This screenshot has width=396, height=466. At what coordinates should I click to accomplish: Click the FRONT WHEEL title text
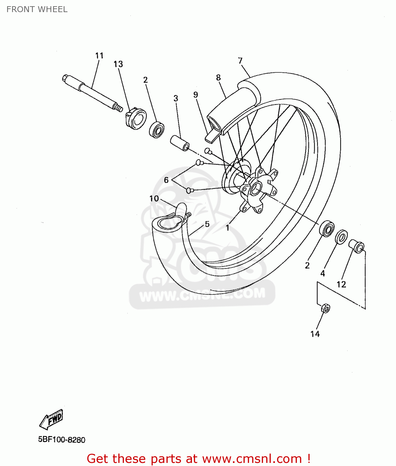click(x=37, y=9)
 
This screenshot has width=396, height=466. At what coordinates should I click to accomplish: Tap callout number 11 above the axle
click(x=99, y=56)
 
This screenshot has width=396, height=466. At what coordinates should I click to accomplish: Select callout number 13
click(x=118, y=64)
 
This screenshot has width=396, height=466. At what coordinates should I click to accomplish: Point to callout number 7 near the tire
click(x=240, y=61)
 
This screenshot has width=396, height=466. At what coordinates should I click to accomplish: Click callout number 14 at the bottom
click(x=315, y=334)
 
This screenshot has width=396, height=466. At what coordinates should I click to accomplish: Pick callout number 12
click(x=341, y=284)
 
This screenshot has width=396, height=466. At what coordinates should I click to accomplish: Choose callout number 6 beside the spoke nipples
click(x=166, y=180)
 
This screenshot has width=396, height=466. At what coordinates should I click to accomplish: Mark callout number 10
click(x=154, y=199)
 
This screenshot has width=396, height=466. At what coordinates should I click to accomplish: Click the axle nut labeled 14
click(x=325, y=308)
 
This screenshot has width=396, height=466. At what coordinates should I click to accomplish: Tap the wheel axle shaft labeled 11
click(x=93, y=93)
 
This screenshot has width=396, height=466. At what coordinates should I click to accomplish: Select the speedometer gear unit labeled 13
click(x=136, y=118)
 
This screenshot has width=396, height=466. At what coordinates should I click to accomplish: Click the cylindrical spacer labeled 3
click(x=180, y=143)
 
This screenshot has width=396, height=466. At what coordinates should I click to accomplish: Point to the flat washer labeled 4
click(x=341, y=237)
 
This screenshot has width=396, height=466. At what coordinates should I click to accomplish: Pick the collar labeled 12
click(x=356, y=246)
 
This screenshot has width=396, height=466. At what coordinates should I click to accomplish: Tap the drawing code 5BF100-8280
click(x=61, y=440)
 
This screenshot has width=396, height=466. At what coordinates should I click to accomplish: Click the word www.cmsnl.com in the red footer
click(x=252, y=459)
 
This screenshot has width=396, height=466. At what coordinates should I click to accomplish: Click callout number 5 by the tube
click(x=207, y=224)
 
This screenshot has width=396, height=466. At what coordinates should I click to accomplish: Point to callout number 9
click(x=195, y=95)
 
